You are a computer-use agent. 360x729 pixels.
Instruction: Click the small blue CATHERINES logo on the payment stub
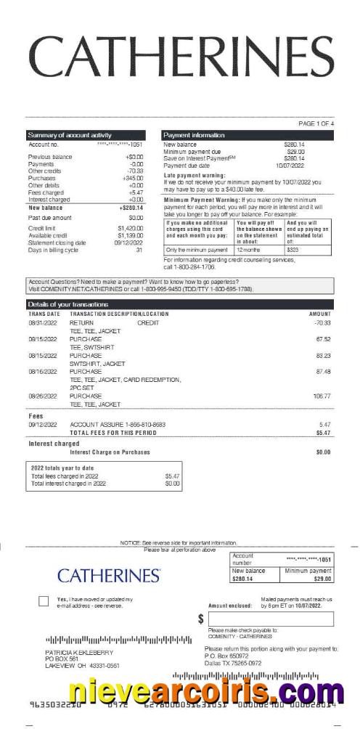[109, 576]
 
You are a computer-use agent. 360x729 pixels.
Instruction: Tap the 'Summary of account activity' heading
[70, 135]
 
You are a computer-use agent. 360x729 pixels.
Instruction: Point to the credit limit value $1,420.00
[131, 228]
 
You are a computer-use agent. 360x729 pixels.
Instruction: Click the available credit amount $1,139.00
[131, 235]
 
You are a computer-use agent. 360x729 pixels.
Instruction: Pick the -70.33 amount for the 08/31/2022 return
[322, 322]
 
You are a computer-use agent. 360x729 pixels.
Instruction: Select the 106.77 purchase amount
[322, 396]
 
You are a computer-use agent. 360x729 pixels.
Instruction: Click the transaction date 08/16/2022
[42, 372]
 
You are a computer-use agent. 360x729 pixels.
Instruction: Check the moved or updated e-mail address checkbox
[44, 601]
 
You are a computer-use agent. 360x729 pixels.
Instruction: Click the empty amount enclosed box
[270, 619]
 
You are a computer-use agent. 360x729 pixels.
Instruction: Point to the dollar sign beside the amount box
[201, 619]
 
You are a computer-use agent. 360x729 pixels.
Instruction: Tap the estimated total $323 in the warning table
[293, 250]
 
